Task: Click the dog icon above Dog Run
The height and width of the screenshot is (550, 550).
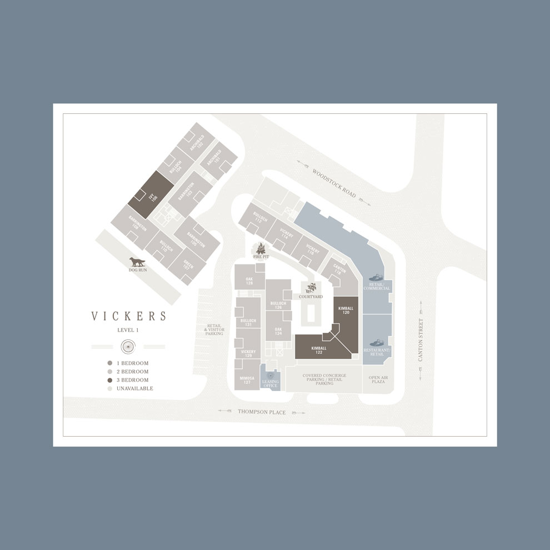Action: pyautogui.click(x=136, y=262)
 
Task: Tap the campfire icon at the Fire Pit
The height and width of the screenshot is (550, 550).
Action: pyautogui.click(x=261, y=249)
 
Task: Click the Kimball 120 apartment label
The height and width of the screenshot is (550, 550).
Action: pyautogui.click(x=346, y=311)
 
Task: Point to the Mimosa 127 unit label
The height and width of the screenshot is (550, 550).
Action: pyautogui.click(x=247, y=380)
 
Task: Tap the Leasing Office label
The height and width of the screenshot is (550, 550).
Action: pyautogui.click(x=270, y=383)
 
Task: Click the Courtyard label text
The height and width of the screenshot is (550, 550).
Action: pyautogui.click(x=311, y=297)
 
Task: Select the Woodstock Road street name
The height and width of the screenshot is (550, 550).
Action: pyautogui.click(x=333, y=184)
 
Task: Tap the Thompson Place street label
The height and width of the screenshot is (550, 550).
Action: pyautogui.click(x=262, y=412)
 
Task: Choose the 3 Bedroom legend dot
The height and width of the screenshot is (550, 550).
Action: pyautogui.click(x=110, y=380)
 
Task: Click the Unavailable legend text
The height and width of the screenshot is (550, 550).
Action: pyautogui.click(x=134, y=388)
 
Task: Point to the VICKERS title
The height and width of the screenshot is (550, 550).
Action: pyautogui.click(x=129, y=317)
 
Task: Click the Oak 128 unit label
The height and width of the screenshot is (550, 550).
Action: pyautogui.click(x=249, y=281)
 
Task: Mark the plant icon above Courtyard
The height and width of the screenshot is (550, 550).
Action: pyautogui.click(x=312, y=287)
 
